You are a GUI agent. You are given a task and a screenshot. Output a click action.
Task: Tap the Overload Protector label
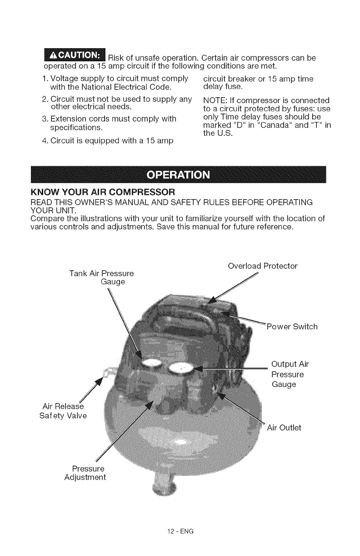262,266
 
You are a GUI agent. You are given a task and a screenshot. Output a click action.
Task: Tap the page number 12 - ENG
180,530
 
